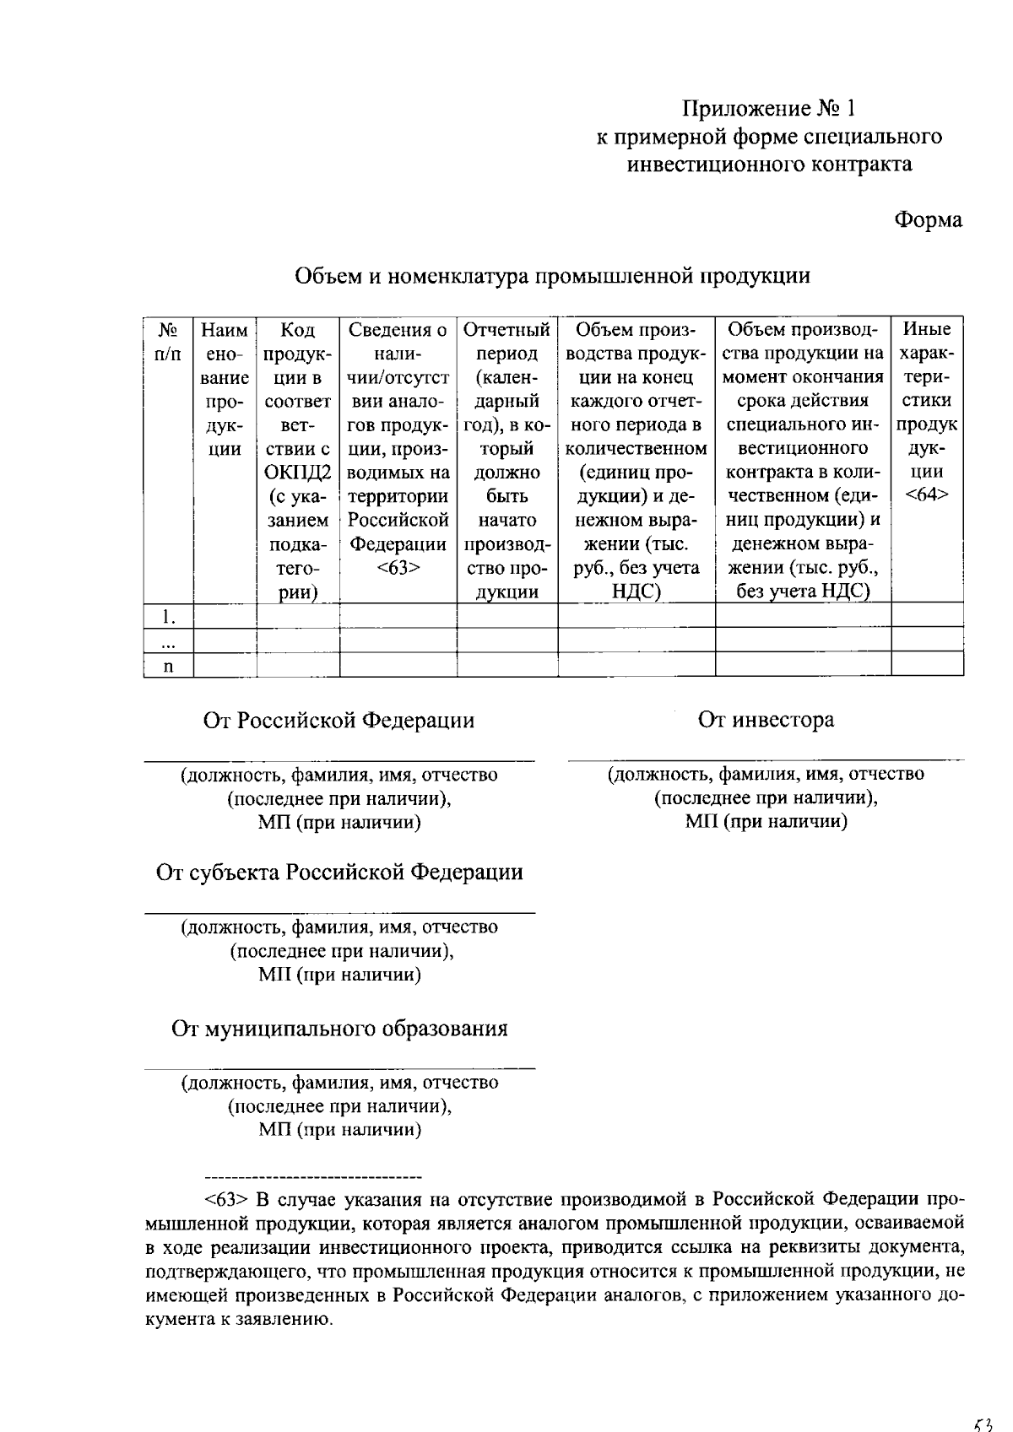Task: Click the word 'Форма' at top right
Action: [x=928, y=220]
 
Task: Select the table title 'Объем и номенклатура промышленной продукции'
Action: [x=552, y=276]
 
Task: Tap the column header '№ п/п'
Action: [x=168, y=342]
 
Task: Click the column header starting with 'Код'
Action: [x=297, y=330]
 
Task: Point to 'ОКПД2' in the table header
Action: [x=297, y=473]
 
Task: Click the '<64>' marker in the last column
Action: [x=926, y=495]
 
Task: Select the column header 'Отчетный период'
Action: [x=506, y=341]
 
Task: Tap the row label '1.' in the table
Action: [x=169, y=617]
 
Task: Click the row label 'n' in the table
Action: [x=168, y=667]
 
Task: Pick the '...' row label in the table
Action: [x=168, y=642]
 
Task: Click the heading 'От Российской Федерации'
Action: [x=339, y=721]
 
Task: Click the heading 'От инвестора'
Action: [x=766, y=720]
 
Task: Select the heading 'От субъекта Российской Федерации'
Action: [x=339, y=872]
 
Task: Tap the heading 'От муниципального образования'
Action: [x=339, y=1029]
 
